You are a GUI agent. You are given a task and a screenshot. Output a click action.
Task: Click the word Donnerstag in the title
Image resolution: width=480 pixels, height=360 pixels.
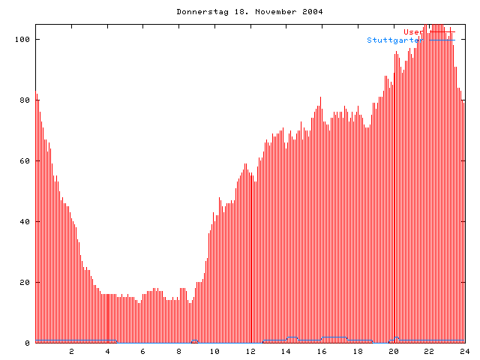point(199,12)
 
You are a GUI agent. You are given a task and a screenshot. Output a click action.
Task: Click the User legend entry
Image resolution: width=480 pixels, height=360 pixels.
point(412,31)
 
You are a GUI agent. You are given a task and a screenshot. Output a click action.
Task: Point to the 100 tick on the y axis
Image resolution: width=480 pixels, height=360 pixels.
point(24,39)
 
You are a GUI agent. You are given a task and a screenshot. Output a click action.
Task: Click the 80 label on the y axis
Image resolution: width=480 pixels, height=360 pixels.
point(26,100)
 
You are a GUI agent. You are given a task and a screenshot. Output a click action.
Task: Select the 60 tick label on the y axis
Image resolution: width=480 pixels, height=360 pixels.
point(26,160)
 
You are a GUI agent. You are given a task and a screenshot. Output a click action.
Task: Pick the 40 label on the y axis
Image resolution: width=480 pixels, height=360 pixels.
point(26,221)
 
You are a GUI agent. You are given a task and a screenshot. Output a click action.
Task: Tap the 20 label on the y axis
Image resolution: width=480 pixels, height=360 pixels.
point(26,282)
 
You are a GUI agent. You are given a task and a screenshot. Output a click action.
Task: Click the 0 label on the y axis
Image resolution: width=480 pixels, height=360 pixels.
point(28,343)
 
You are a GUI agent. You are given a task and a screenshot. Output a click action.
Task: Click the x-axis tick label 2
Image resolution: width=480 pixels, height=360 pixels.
point(72,351)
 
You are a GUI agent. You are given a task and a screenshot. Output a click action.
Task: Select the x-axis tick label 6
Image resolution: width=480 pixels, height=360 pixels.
point(143,351)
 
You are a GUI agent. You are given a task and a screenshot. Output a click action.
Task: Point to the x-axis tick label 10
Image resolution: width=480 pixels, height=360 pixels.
point(214,351)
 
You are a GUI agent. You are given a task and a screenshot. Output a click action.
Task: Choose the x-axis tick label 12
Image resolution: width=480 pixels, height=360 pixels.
point(250,351)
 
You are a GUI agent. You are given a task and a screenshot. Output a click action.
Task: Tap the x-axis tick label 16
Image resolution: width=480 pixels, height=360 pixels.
point(322,351)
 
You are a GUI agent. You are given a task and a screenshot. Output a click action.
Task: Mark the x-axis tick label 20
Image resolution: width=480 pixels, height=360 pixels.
point(393,351)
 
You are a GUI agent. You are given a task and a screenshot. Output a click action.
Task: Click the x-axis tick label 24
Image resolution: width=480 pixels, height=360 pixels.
point(464,351)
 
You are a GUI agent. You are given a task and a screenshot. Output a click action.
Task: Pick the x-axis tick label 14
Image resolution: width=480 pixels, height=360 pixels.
point(286,351)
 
